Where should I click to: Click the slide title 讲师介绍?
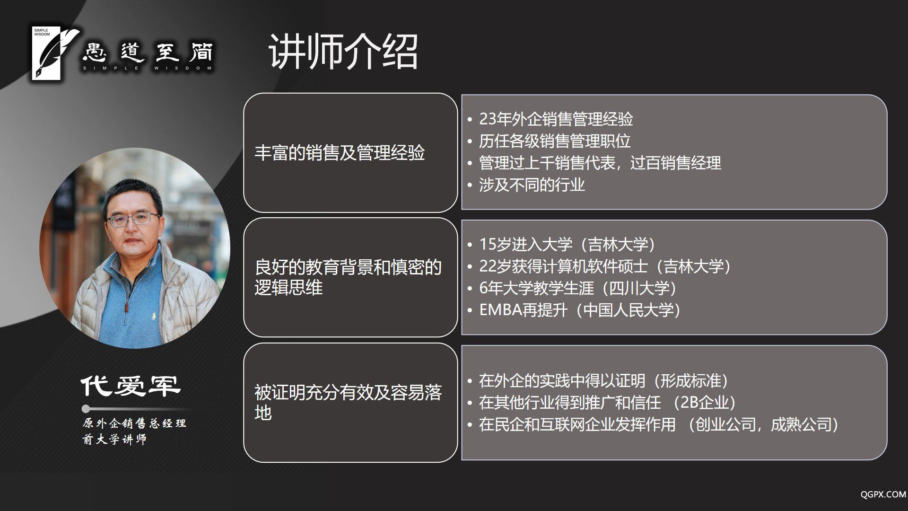click(343, 52)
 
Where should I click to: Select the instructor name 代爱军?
click(131, 386)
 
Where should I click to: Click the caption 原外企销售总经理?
click(134, 423)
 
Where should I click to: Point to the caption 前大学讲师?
click(114, 439)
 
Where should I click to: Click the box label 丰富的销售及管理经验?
click(340, 153)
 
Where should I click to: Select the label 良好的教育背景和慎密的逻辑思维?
click(348, 277)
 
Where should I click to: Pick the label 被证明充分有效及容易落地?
click(348, 402)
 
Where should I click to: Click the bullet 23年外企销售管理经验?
click(556, 119)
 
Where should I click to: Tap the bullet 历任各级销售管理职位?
click(555, 141)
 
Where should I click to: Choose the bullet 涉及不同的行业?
click(532, 185)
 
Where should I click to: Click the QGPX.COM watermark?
click(883, 494)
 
